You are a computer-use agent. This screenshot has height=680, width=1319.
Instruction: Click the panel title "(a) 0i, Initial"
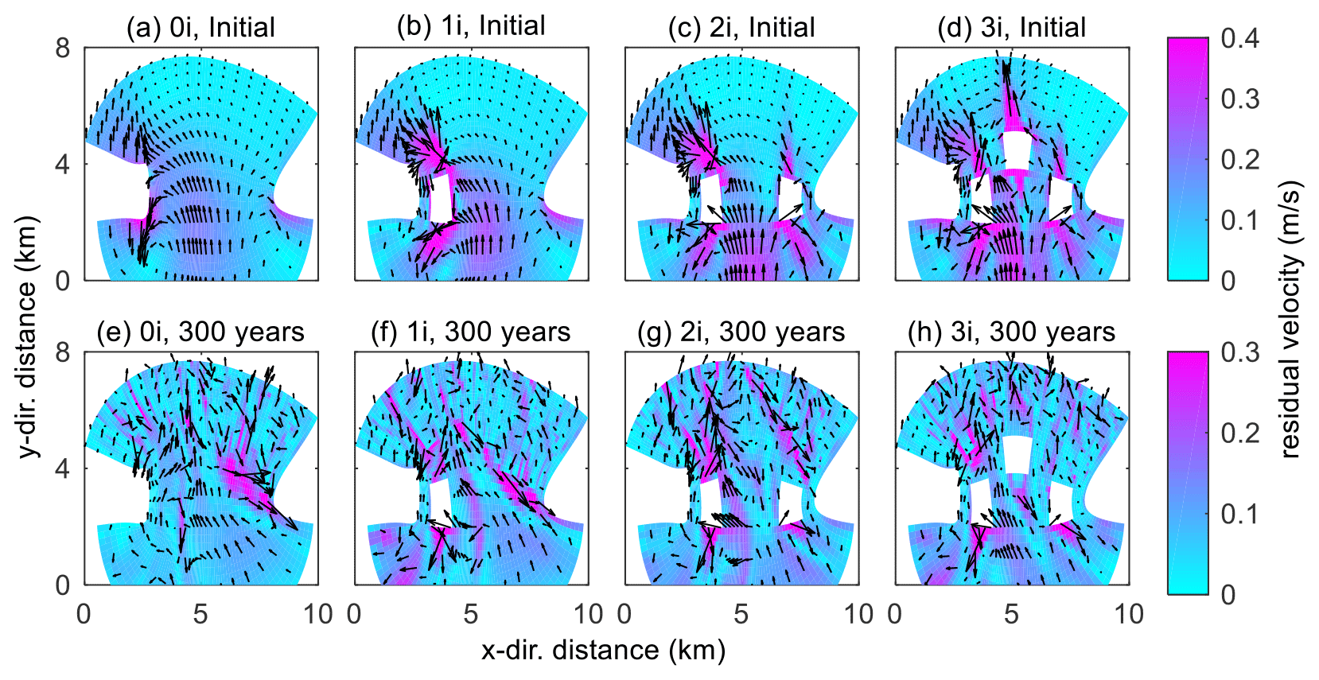click(x=200, y=28)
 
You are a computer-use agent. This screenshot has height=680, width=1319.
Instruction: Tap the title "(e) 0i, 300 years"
click(x=200, y=332)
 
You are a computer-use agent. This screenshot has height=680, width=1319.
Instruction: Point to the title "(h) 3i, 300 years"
click(x=1012, y=332)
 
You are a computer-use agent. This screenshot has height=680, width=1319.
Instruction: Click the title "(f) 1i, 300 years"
click(x=471, y=332)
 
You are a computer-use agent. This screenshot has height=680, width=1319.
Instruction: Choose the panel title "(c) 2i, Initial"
click(x=741, y=28)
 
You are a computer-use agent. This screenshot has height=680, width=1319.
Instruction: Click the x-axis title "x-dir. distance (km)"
click(x=604, y=651)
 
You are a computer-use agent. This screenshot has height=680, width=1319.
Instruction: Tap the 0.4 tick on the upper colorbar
click(x=1239, y=38)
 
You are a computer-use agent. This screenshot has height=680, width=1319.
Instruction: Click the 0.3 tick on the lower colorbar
click(x=1239, y=352)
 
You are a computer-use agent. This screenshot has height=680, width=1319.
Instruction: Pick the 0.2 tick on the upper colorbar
click(x=1239, y=159)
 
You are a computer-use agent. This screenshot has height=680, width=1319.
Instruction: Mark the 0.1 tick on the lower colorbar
click(x=1239, y=514)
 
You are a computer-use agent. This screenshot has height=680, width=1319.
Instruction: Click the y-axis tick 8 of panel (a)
click(x=63, y=49)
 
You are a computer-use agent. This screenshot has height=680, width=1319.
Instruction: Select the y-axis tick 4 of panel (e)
click(x=63, y=468)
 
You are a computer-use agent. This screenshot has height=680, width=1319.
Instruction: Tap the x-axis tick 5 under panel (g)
click(x=741, y=614)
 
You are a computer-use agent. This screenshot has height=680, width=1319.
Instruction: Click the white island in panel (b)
click(x=441, y=199)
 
